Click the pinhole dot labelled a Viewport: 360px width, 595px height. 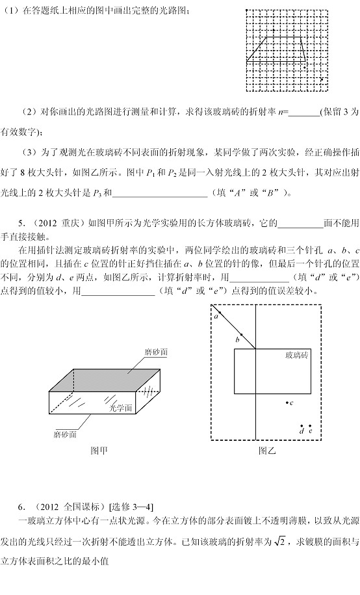click(220, 313)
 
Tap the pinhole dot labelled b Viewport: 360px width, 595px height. click(241, 334)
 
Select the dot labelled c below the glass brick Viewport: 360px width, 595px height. click(287, 403)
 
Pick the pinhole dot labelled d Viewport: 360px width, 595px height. click(302, 426)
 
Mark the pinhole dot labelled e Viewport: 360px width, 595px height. click(311, 426)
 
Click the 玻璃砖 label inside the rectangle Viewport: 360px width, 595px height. click(297, 356)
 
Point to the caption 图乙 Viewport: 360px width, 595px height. click(268, 451)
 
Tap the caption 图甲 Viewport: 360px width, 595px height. click(99, 451)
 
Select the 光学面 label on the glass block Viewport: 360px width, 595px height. click(121, 408)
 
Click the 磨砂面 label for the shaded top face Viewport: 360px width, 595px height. click(156, 352)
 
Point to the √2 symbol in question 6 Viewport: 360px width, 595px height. click(279, 541)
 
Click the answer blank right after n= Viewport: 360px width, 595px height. click(304, 112)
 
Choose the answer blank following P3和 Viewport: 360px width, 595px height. click(160, 193)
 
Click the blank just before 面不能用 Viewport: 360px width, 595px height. click(300, 223)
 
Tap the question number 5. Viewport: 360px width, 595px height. click(21, 223)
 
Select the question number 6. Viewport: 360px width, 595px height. click(21, 507)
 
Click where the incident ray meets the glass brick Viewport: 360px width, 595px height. click(255, 349)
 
